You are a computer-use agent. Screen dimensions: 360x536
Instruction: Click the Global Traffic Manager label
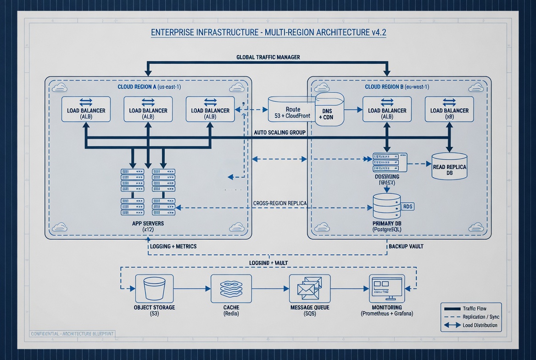click(x=268, y=57)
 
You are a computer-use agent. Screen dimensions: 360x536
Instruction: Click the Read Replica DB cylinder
click(x=449, y=166)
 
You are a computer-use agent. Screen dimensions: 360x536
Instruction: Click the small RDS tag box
click(x=408, y=207)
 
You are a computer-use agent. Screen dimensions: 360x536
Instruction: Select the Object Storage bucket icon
click(x=154, y=288)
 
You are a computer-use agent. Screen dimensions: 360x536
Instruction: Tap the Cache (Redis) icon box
click(x=231, y=288)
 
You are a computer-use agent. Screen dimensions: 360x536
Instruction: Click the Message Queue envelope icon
click(x=309, y=288)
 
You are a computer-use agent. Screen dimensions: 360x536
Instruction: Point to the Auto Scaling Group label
click(x=279, y=132)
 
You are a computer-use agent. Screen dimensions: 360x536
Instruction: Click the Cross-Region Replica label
click(x=279, y=203)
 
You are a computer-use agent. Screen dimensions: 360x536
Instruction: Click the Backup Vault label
click(x=406, y=247)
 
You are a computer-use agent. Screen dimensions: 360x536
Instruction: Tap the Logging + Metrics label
click(x=173, y=247)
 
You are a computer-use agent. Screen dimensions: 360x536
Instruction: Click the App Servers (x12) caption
click(x=147, y=226)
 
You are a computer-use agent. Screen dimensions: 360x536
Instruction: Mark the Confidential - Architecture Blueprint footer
click(x=72, y=333)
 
